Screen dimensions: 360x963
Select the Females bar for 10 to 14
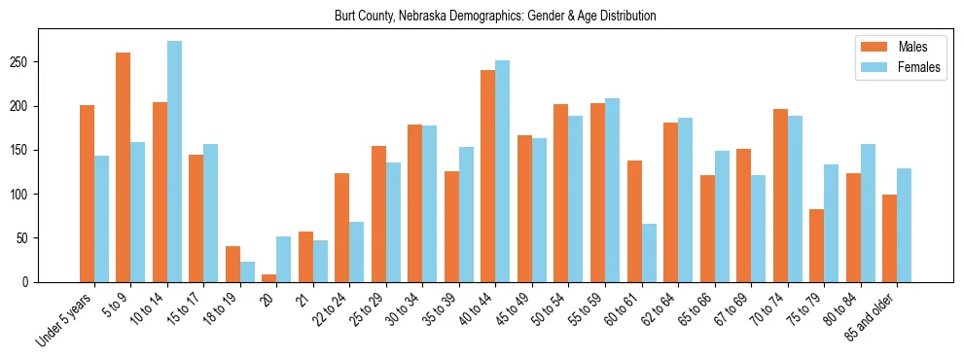click(174, 162)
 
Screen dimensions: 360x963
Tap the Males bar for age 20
click(269, 278)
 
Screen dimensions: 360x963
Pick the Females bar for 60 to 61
click(649, 253)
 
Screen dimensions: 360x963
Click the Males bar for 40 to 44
click(488, 176)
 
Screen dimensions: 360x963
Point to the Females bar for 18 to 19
click(247, 271)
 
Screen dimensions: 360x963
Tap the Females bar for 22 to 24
click(357, 252)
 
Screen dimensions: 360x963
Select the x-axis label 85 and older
click(872, 317)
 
